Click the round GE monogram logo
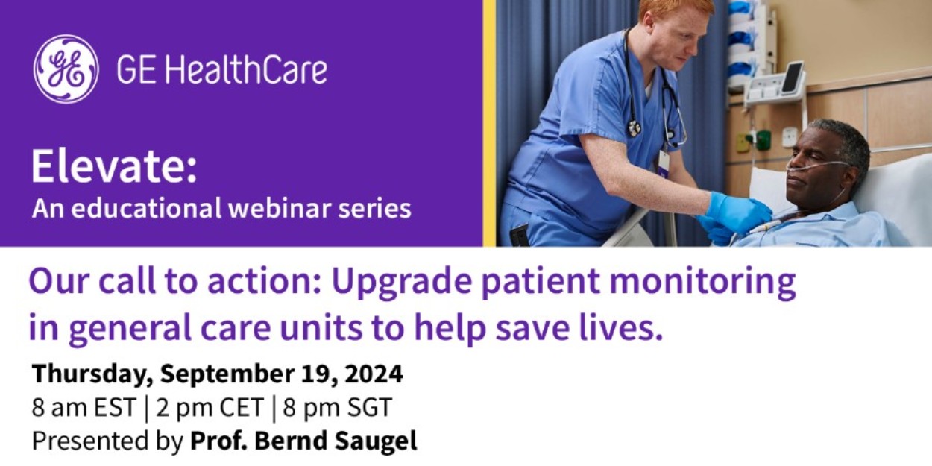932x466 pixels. click(66, 69)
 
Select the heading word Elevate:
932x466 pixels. click(114, 166)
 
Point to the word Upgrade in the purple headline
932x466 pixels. click(402, 283)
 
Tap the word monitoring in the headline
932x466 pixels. click(702, 283)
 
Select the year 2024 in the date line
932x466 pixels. click(374, 374)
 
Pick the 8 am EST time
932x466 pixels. click(84, 407)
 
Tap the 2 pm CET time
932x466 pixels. click(210, 407)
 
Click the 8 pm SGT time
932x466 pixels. click(338, 407)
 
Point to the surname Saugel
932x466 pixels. click(376, 441)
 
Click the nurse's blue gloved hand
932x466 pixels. click(739, 213)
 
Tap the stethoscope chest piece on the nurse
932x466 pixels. click(634, 128)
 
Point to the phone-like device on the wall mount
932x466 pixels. click(792, 78)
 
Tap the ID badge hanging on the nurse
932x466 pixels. click(664, 164)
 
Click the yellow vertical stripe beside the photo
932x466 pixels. click(489, 123)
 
